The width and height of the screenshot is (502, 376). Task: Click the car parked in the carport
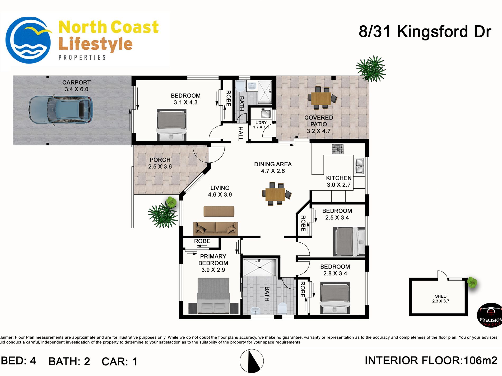coord(61,110)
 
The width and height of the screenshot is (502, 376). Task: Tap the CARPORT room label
coord(76,83)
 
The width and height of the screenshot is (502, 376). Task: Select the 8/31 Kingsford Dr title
coord(425,32)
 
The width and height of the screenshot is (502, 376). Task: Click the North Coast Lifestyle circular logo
coord(29,40)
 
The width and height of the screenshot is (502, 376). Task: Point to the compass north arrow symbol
coord(252,361)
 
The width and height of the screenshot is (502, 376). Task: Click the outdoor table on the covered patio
coord(321,98)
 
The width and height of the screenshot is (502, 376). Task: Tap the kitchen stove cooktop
coord(338,149)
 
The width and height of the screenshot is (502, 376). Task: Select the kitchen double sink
coord(359,166)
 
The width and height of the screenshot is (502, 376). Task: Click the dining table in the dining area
coord(275,194)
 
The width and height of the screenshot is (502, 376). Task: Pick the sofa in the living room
coord(216,228)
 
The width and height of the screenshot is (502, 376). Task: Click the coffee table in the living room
coord(219,211)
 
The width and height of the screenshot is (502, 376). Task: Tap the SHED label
coord(441,296)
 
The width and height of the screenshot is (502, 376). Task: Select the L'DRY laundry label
coord(261,122)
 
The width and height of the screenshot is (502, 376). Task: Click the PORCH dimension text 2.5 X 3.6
coord(160,166)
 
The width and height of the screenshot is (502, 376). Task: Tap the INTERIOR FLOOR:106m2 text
coord(431,360)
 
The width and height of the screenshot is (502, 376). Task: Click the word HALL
coord(240,134)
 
